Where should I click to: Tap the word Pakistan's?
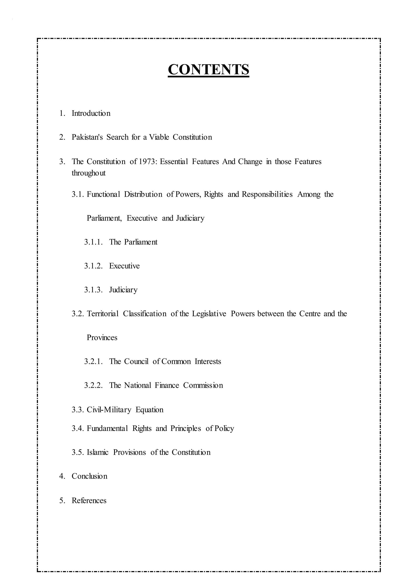tap(87, 137)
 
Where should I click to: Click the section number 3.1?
tap(78, 194)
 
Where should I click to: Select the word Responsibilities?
tap(267, 194)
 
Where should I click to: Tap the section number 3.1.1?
tap(93, 242)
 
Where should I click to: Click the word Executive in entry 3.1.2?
tap(124, 266)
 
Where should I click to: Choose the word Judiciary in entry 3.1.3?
tap(123, 290)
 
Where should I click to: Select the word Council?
tap(136, 361)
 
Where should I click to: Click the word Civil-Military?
tap(109, 410)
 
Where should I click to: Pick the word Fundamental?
tap(107, 428)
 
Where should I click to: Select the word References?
tap(89, 500)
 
